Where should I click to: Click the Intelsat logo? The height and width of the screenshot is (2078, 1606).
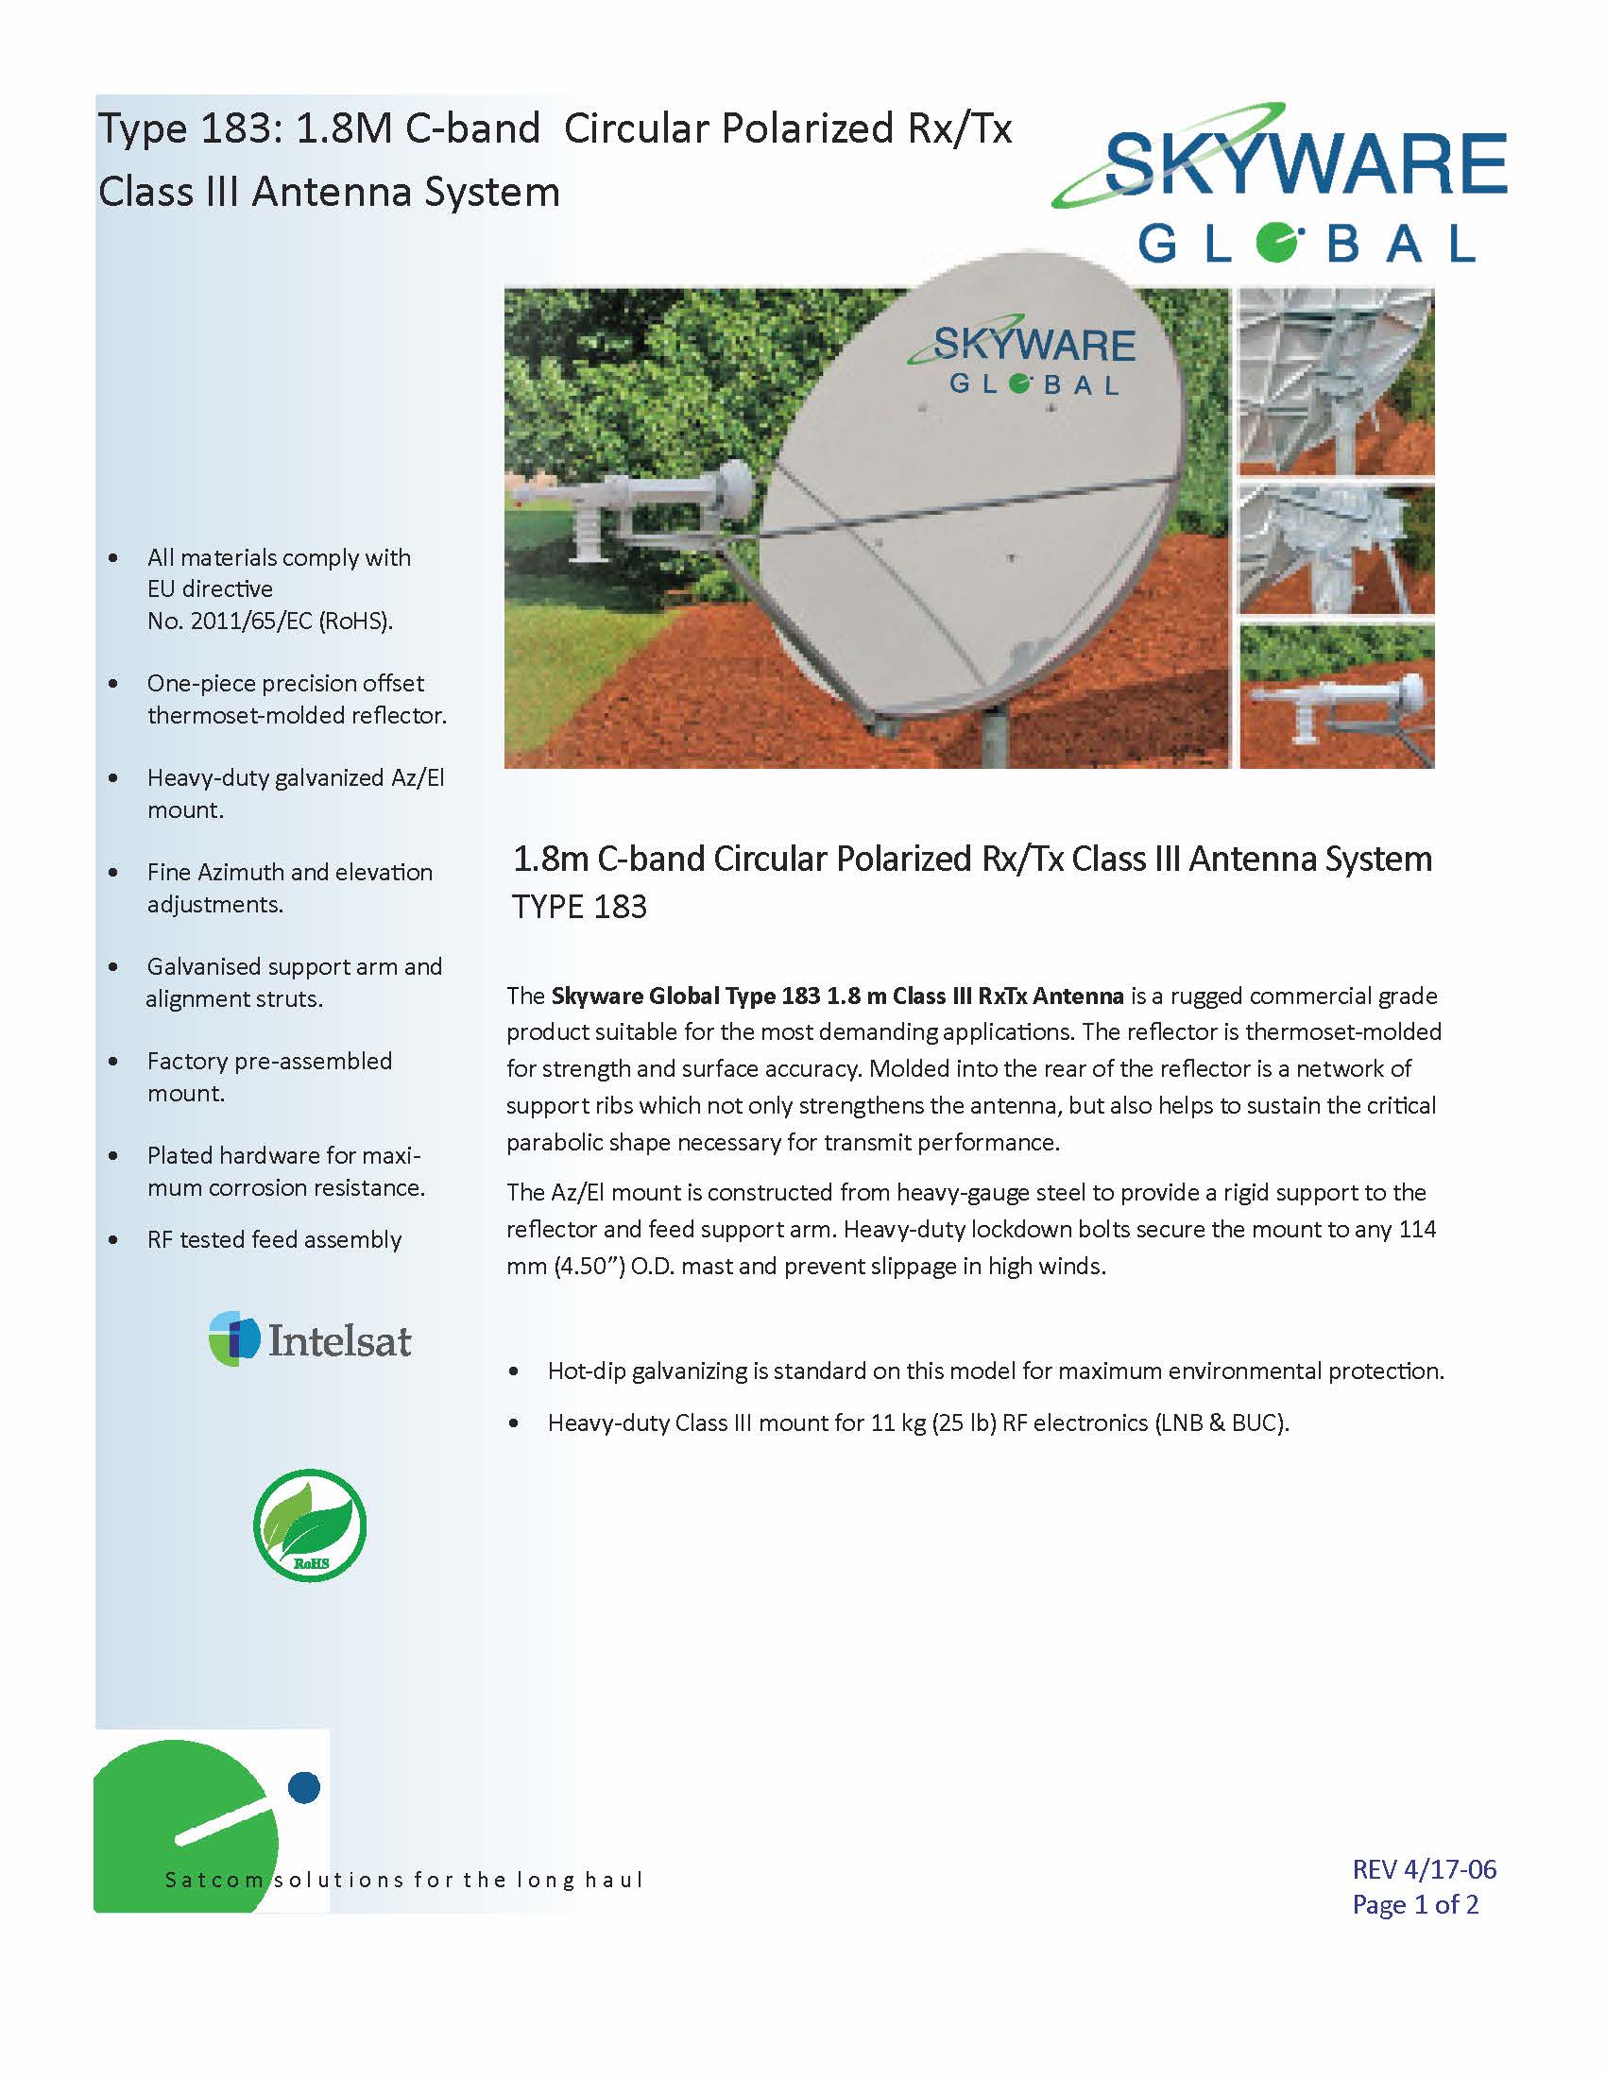point(310,1339)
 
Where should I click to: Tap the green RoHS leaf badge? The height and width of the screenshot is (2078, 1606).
point(310,1526)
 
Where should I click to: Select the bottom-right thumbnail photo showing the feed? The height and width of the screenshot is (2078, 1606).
point(1337,695)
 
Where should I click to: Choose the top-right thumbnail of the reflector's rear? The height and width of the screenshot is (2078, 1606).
point(1336,383)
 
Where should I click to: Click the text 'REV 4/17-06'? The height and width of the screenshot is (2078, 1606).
point(1425,1869)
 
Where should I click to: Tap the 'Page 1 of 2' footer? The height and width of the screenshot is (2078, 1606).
point(1416,1904)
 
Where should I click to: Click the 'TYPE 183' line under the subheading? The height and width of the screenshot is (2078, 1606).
point(579,907)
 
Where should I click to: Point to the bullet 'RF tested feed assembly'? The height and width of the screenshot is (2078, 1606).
point(274,1239)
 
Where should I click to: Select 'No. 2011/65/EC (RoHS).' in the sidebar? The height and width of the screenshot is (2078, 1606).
point(270,622)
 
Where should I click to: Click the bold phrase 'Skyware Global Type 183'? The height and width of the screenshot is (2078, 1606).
point(686,996)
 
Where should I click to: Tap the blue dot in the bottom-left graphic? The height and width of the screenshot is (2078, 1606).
point(303,1787)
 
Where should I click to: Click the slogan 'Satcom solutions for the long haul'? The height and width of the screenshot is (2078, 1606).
point(404,1879)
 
